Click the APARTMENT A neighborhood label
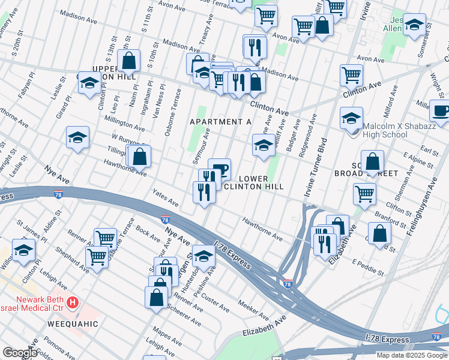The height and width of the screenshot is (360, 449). click(x=220, y=122)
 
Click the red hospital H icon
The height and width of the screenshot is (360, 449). click(x=73, y=301)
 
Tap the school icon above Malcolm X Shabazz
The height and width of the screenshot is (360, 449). click(x=351, y=117)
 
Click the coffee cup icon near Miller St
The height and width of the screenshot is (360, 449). click(x=441, y=110)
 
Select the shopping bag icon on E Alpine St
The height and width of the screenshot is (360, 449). click(x=373, y=161)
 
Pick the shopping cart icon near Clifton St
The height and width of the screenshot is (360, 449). click(x=364, y=194)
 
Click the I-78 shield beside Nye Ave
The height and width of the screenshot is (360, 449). click(x=165, y=221)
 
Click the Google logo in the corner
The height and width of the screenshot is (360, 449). click(x=20, y=352)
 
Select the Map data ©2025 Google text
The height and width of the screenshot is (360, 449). click(x=412, y=355)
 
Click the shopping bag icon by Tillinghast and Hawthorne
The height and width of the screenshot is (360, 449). click(x=139, y=157)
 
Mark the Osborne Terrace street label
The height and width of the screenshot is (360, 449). click(x=172, y=110)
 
